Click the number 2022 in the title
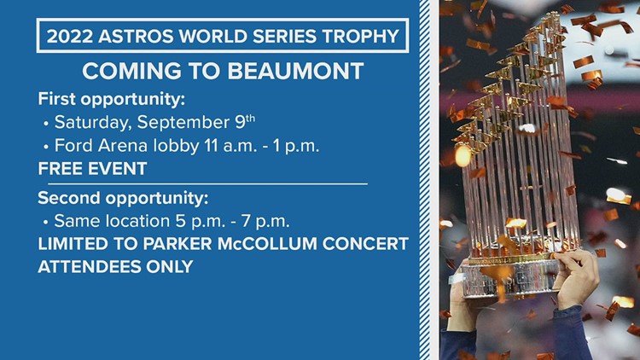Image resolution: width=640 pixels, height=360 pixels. [70, 36]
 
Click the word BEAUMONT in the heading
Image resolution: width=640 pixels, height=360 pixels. [295, 71]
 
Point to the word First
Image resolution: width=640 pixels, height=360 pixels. [56, 99]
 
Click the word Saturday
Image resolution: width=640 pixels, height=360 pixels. [94, 122]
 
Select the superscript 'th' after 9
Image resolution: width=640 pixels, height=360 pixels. [250, 119]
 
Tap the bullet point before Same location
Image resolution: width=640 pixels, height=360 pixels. [46, 223]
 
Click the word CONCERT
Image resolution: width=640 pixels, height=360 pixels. [365, 244]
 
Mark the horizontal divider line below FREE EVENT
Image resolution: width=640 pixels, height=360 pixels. [207, 184]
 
